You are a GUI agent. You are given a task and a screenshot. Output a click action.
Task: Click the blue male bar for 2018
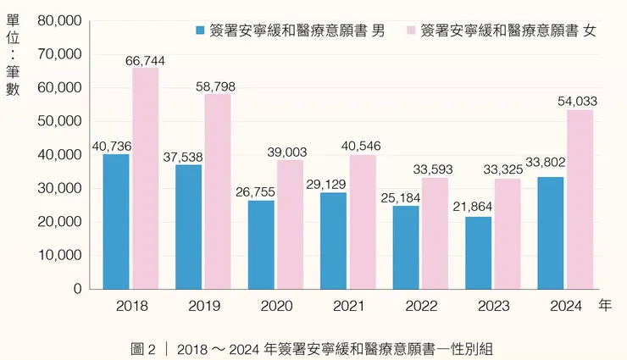(116, 221)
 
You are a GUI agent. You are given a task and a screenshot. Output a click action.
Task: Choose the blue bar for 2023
(479, 252)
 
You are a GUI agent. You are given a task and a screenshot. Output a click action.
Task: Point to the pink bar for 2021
(363, 221)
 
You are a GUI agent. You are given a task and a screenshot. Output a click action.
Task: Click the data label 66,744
(145, 60)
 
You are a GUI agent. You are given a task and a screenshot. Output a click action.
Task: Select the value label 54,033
(577, 102)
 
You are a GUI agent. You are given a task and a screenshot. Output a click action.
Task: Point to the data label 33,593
(433, 169)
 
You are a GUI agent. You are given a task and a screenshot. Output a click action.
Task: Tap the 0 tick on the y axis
(77, 289)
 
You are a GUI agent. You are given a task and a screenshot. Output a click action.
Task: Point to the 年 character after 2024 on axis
(604, 306)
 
